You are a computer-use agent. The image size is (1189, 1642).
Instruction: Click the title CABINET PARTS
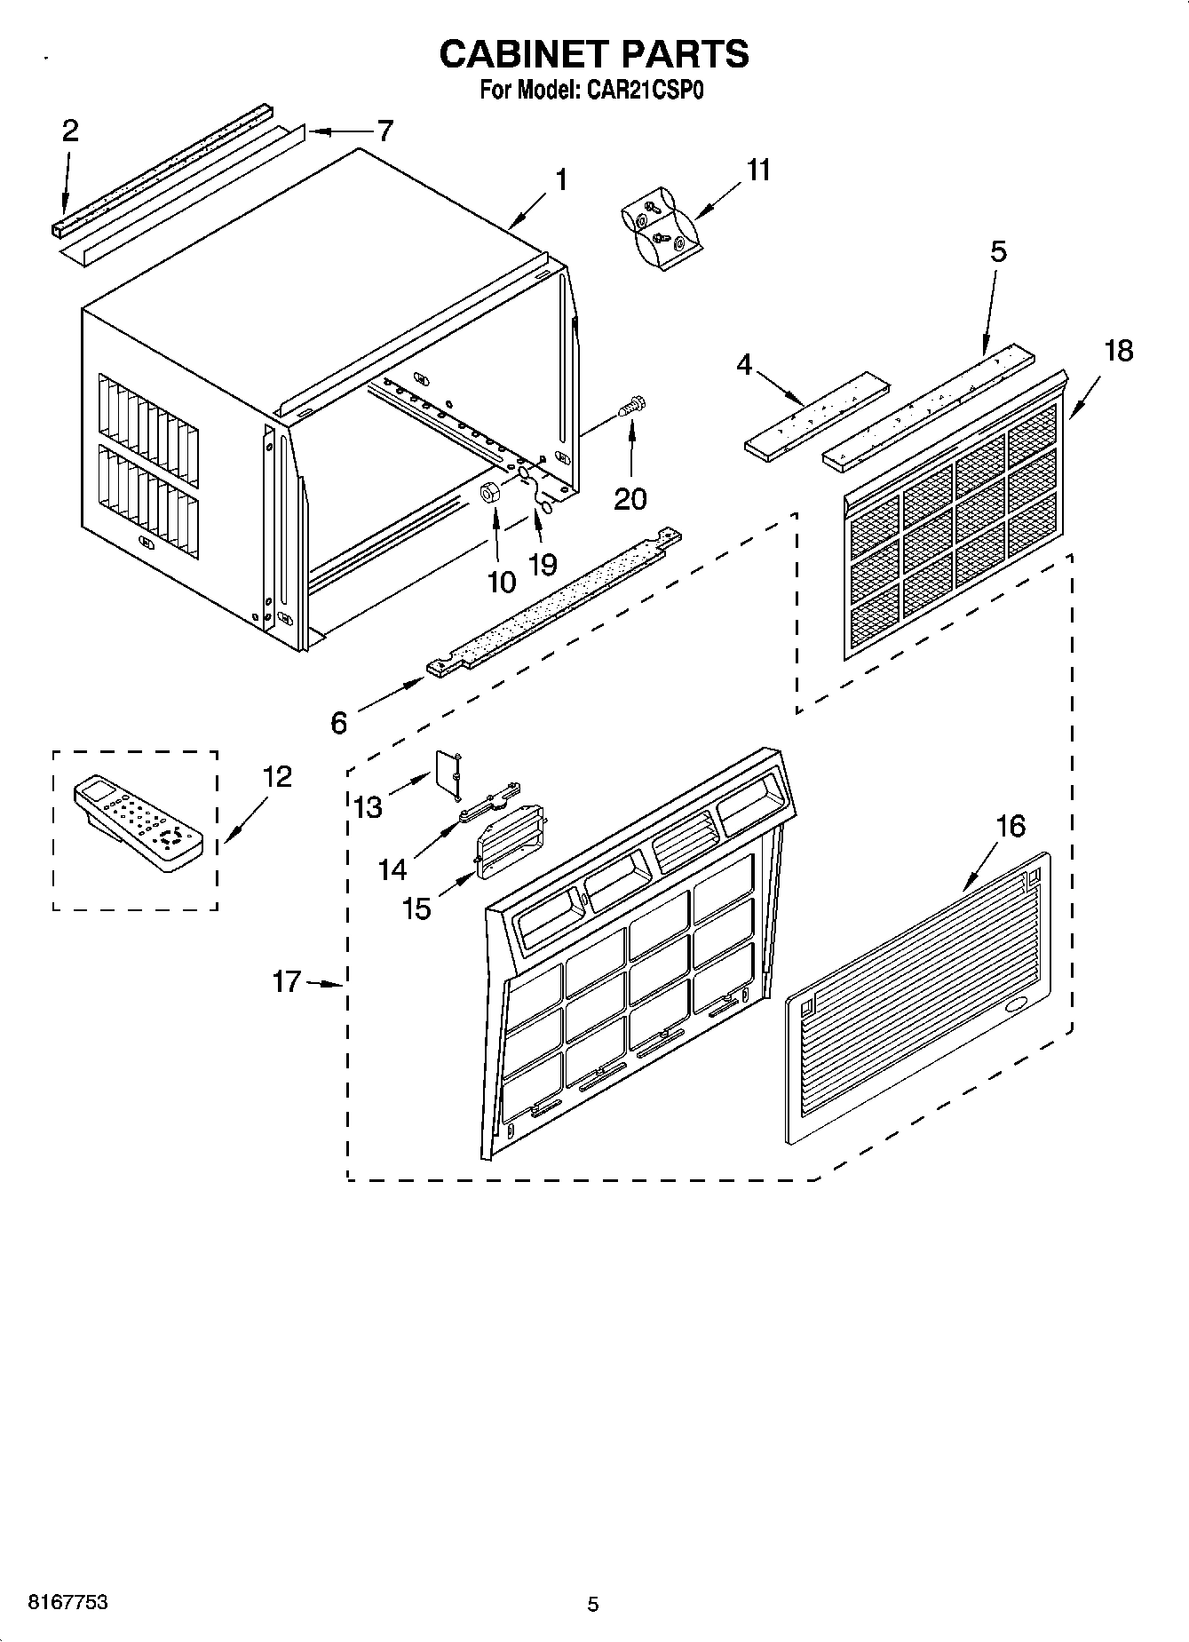pos(594,54)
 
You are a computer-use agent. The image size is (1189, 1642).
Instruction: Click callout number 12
pos(277,776)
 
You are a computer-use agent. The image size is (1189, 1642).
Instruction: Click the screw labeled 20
pos(632,409)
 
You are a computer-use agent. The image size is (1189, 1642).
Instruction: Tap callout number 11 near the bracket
pos(757,170)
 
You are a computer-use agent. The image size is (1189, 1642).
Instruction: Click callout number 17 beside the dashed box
pos(287,982)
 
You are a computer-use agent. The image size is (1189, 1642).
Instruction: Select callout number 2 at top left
pos(70,131)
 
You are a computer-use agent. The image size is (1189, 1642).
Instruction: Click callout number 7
pos(384,131)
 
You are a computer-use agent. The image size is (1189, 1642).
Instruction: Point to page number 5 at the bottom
pos(593,1604)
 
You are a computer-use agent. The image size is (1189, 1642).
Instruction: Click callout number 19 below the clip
pos(543,563)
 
